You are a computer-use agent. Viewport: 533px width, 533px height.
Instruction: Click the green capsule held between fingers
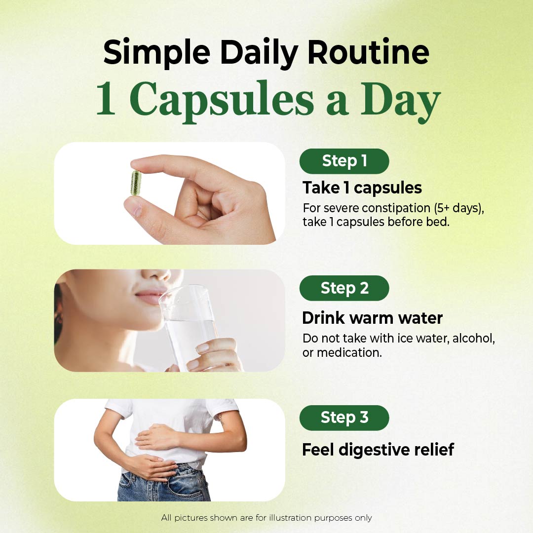coord(136,183)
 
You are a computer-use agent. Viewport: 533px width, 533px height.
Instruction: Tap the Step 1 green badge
coord(344,161)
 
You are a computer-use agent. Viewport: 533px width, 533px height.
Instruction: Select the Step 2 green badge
coord(344,288)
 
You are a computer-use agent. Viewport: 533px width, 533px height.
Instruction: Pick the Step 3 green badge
coord(344,418)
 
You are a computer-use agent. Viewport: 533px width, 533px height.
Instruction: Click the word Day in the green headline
coord(400,100)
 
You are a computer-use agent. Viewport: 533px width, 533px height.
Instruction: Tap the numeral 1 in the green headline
coord(106,98)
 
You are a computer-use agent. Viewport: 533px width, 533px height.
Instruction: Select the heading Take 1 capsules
coord(362,188)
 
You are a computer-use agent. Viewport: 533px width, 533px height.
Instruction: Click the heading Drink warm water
coord(372,318)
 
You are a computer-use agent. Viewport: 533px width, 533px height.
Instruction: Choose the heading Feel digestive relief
coord(378,450)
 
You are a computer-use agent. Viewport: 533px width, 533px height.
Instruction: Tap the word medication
coord(349,353)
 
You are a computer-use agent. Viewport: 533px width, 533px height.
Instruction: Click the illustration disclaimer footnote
coord(266,518)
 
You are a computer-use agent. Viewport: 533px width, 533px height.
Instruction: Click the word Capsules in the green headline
coord(222,100)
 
